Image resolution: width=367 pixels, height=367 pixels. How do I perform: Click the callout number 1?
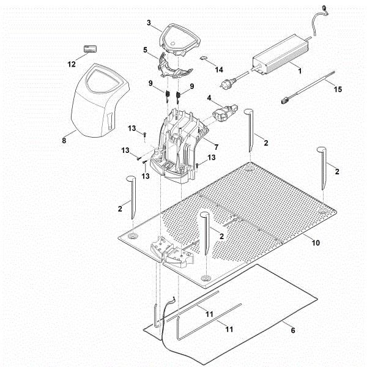(300, 71)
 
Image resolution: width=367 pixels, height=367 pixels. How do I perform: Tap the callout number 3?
(149, 23)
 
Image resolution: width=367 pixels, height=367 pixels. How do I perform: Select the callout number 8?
(64, 141)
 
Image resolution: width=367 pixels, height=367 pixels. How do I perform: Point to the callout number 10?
(316, 243)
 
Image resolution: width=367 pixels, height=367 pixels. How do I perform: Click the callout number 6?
(293, 330)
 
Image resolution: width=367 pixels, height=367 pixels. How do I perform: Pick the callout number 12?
(72, 64)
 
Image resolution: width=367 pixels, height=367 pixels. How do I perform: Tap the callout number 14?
(219, 70)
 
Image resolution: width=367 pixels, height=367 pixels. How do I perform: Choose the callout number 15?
(338, 89)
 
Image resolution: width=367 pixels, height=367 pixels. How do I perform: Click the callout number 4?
(209, 98)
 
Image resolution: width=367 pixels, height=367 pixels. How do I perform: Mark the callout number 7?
(217, 147)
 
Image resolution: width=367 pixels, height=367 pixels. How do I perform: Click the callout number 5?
(146, 50)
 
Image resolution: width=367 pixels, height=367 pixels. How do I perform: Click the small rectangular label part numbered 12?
(91, 49)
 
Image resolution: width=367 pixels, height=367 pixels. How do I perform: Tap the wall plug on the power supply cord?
(225, 83)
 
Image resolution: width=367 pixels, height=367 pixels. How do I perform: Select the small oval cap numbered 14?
(204, 58)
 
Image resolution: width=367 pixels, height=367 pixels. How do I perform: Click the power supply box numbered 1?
(281, 54)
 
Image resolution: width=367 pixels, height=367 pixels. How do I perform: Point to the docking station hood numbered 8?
(100, 100)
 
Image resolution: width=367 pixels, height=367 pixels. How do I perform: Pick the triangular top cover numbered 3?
(180, 40)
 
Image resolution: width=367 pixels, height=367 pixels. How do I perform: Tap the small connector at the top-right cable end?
(325, 10)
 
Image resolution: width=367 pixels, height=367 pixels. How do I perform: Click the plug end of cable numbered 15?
(284, 101)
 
